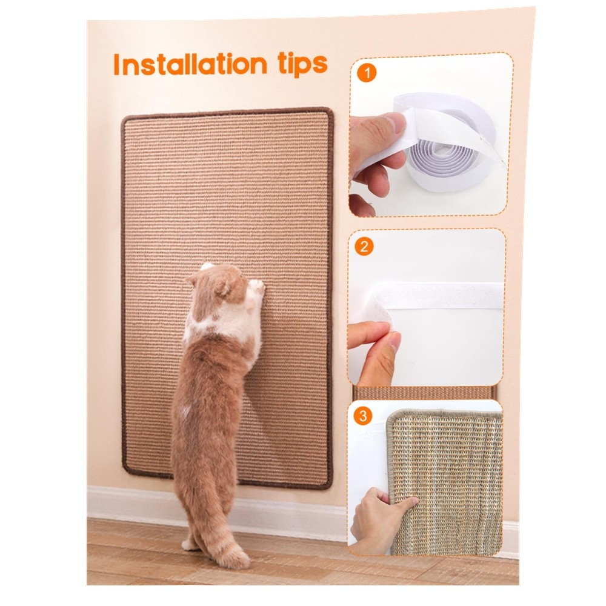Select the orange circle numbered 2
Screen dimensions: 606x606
coord(364,247)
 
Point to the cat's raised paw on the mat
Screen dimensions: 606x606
coord(256,287)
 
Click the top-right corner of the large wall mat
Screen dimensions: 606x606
coord(329,112)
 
